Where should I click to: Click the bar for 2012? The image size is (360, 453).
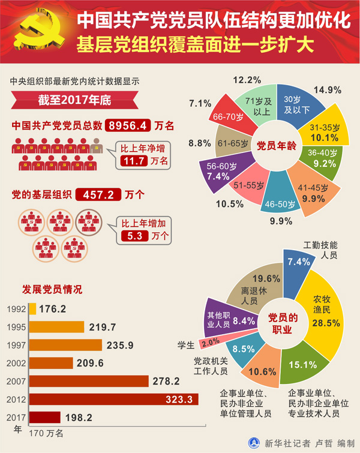[113, 398]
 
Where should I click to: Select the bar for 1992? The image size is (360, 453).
[32, 309]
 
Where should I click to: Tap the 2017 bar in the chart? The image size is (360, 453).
[44, 417]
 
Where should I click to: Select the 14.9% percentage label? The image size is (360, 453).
[328, 90]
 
